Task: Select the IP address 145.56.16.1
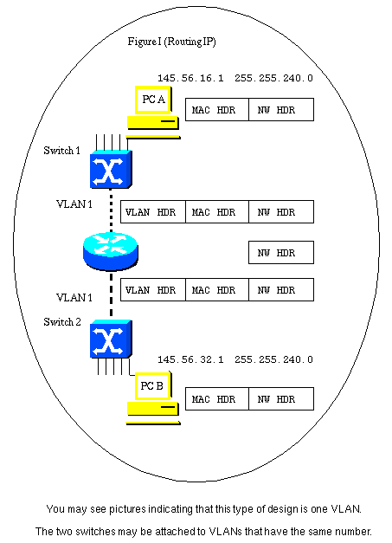pos(190,78)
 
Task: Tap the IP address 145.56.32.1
pos(190,359)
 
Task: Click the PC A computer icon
pos(152,112)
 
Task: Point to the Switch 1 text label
pos(61,151)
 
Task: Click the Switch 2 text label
pos(61,322)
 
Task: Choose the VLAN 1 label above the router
pos(74,204)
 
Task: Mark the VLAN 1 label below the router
pos(74,297)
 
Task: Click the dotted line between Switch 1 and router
pos(111,212)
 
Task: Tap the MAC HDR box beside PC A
pos(216,109)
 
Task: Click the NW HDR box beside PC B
pos(280,399)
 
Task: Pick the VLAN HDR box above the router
pos(152,212)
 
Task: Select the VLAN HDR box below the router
pos(152,290)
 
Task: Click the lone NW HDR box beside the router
pos(280,252)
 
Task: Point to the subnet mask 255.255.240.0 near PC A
pos(273,78)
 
